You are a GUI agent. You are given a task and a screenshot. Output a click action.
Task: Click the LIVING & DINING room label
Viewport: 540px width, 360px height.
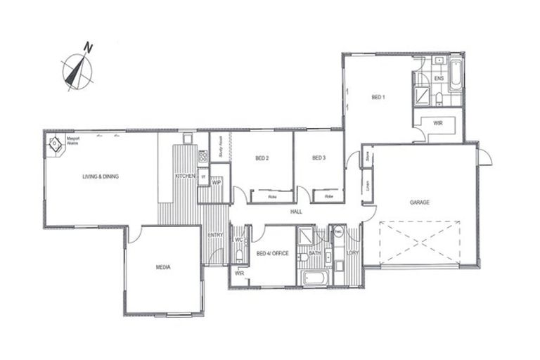click(101, 176)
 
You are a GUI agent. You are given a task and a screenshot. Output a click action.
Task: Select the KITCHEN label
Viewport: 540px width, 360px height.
click(185, 175)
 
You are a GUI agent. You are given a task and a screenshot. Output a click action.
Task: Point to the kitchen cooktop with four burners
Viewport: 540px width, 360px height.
click(203, 157)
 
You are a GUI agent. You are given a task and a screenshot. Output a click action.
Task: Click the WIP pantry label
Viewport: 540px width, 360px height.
click(217, 181)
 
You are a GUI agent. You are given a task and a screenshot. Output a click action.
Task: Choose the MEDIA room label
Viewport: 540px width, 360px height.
click(164, 267)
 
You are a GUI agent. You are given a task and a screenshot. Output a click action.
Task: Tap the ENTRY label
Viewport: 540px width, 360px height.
click(215, 235)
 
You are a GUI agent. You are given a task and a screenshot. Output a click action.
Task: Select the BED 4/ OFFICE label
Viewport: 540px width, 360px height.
click(271, 253)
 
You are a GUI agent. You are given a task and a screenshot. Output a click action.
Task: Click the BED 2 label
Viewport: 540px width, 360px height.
click(262, 158)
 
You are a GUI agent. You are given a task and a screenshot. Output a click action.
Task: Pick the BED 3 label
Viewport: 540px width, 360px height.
click(319, 157)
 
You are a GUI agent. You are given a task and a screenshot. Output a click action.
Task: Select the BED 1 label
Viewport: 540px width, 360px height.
click(378, 97)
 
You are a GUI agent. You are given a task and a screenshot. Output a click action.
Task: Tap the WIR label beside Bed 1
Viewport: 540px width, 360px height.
click(438, 123)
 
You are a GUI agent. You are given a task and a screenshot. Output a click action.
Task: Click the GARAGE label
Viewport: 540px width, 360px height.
click(420, 202)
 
